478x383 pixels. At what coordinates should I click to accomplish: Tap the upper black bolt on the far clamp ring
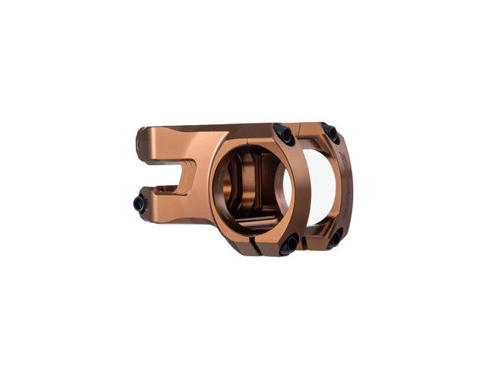(x=331, y=132)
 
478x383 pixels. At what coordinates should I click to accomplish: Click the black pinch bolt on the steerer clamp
(x=140, y=204)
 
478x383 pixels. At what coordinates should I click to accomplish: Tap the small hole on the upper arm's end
(x=140, y=142)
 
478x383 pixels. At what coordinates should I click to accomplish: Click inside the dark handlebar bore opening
(x=254, y=189)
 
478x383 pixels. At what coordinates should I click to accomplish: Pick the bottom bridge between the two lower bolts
(x=313, y=246)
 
